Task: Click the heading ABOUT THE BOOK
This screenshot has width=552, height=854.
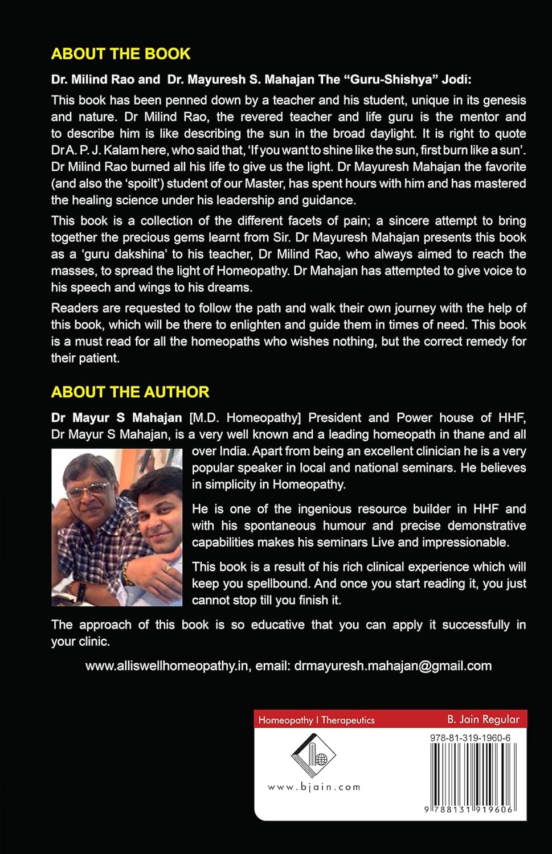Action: click(x=121, y=54)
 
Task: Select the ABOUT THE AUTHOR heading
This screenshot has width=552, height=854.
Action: click(x=130, y=392)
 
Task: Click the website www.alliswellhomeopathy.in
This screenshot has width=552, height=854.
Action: click(x=167, y=666)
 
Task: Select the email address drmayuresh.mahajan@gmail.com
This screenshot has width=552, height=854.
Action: click(x=392, y=666)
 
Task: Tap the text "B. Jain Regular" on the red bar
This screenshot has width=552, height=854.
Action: click(x=483, y=719)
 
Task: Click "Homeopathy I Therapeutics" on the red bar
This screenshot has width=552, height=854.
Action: click(x=316, y=720)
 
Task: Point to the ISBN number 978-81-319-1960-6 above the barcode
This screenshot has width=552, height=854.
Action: click(x=470, y=738)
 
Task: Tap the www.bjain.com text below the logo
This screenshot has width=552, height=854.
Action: click(x=314, y=787)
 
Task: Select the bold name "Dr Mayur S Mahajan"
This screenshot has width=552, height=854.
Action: click(x=116, y=417)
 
